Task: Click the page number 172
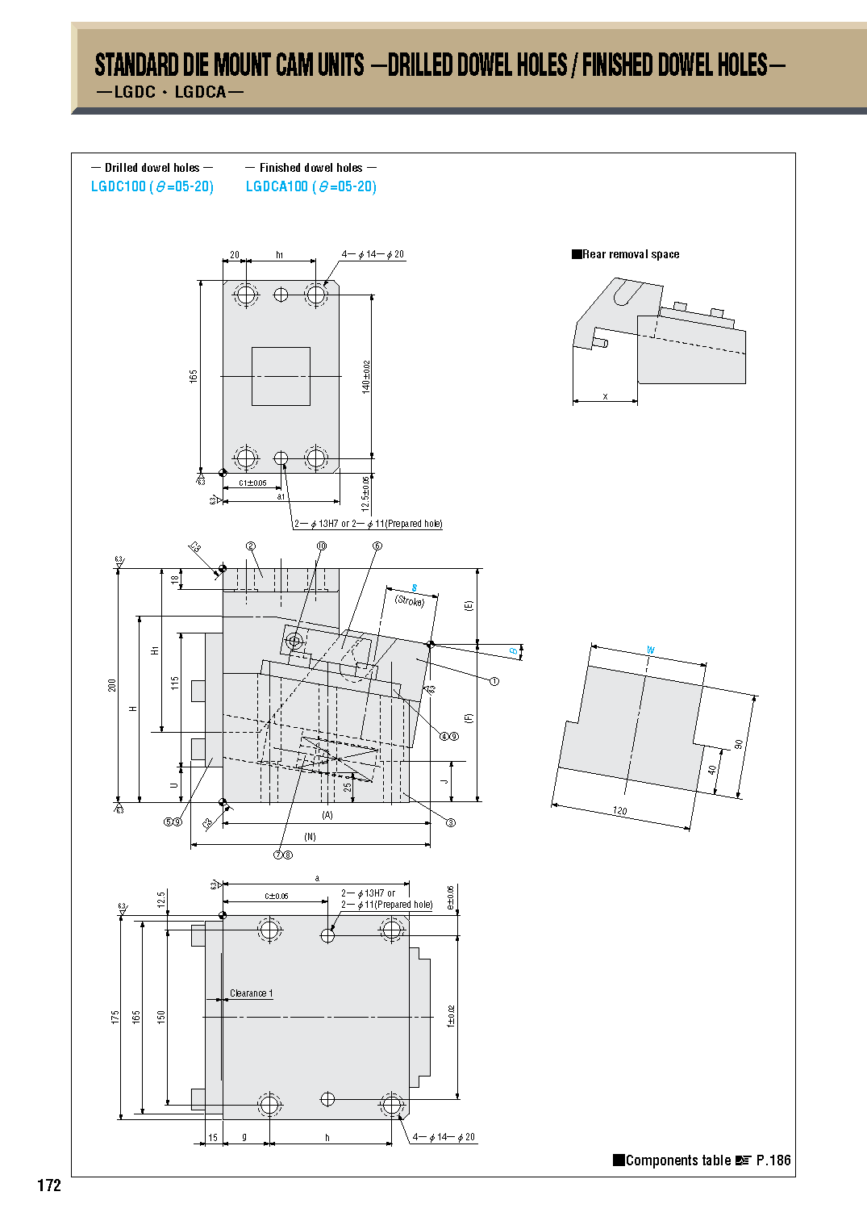(49, 1185)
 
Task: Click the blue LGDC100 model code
(118, 186)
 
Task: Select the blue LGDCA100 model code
(277, 186)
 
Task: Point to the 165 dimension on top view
(194, 376)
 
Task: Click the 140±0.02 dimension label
(366, 377)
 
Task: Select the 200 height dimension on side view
(112, 684)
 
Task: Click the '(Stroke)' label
(410, 601)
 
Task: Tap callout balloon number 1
(494, 681)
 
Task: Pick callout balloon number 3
(451, 822)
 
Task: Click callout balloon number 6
(377, 546)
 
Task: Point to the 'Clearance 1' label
(251, 993)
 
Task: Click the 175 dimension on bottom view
(115, 1017)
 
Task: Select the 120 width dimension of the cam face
(619, 811)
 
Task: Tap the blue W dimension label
(651, 650)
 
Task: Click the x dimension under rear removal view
(605, 396)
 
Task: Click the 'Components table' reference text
(677, 1160)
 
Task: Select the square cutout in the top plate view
(281, 376)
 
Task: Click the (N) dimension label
(310, 837)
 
